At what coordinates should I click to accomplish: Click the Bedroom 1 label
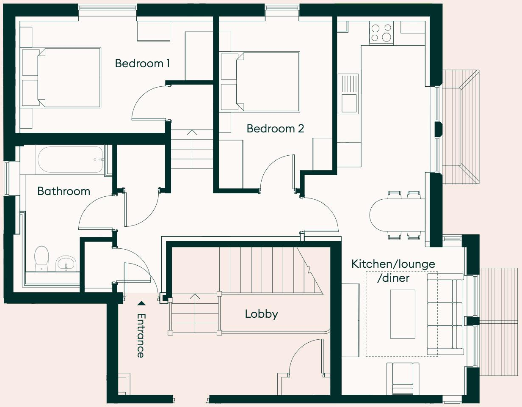click(142, 63)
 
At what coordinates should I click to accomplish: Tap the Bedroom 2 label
click(275, 129)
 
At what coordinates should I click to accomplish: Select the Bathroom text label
click(64, 191)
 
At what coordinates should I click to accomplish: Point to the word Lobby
click(261, 314)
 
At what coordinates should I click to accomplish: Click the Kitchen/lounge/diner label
click(393, 271)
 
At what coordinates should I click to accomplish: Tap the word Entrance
click(141, 335)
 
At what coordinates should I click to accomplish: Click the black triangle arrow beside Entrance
click(141, 303)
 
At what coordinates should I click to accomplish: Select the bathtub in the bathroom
click(70, 159)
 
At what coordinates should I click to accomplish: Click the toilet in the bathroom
click(41, 258)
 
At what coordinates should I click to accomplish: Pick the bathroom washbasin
click(66, 264)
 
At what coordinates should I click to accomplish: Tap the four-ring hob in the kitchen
click(381, 33)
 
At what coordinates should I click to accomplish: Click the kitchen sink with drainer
click(348, 94)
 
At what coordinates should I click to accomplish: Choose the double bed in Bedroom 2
click(267, 82)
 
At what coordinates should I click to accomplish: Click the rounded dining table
click(396, 215)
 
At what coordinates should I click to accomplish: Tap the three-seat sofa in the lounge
click(445, 314)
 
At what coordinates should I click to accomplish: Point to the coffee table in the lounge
click(403, 314)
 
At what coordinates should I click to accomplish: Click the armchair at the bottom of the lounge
click(403, 378)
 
